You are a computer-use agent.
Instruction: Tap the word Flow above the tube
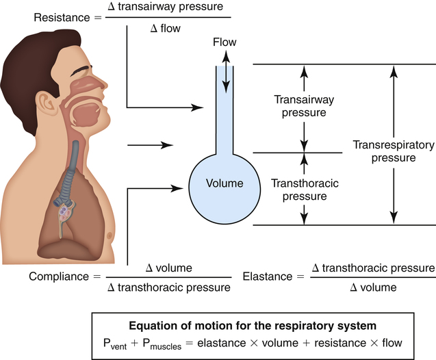225,42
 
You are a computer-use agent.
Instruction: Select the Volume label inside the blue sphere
225,183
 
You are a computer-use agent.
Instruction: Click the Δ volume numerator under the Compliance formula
169,268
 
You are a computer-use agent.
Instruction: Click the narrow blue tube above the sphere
225,116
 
